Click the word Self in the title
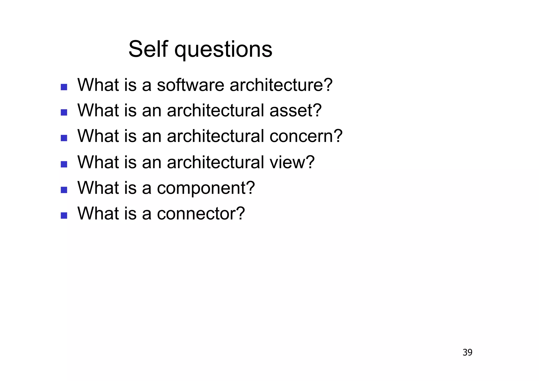148,49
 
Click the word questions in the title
223,50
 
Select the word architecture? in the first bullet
281,85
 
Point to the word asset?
295,110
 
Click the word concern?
306,136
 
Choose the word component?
206,188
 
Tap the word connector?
201,213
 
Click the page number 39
467,352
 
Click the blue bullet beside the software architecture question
64,87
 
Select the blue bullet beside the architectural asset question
64,113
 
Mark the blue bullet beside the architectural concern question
64,138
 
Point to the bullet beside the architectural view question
64,164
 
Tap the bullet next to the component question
64,190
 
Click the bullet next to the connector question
64,216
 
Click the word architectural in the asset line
216,110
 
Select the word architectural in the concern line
216,136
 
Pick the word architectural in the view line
216,162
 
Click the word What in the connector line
98,213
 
